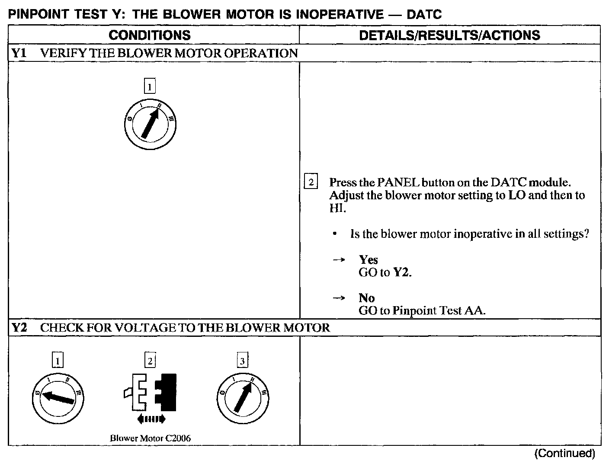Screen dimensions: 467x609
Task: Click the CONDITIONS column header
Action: (149, 35)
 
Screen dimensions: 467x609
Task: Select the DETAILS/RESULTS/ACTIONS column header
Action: (449, 35)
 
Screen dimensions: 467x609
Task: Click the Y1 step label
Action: (19, 53)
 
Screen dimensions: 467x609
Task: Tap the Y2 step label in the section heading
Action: (19, 328)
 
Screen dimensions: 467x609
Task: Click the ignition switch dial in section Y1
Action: (150, 124)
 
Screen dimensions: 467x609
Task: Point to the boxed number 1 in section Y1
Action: (150, 87)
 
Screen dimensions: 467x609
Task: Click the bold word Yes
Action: (368, 259)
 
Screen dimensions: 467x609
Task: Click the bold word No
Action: (366, 297)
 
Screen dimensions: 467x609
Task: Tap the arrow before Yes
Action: (339, 259)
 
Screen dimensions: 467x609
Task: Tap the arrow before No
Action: (339, 297)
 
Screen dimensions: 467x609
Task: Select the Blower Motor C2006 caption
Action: (150, 438)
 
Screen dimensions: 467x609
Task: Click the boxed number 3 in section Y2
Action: (242, 361)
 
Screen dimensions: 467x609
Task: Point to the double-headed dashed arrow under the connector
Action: (151, 419)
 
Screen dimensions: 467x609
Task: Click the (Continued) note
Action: (564, 453)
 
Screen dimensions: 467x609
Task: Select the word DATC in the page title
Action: (424, 15)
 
